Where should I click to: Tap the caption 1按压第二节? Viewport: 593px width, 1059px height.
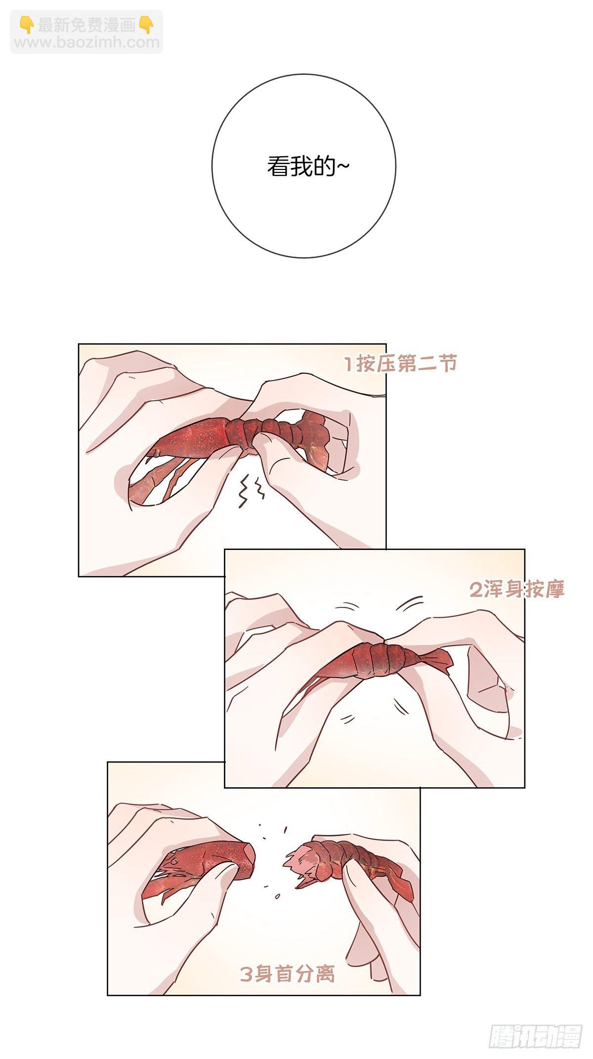tap(400, 365)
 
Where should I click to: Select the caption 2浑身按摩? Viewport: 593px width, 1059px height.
tap(517, 589)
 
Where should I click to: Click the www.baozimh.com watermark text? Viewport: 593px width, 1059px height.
tap(87, 42)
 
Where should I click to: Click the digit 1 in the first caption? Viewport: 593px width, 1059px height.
tap(349, 365)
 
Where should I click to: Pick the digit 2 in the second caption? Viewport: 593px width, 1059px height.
tap(475, 589)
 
